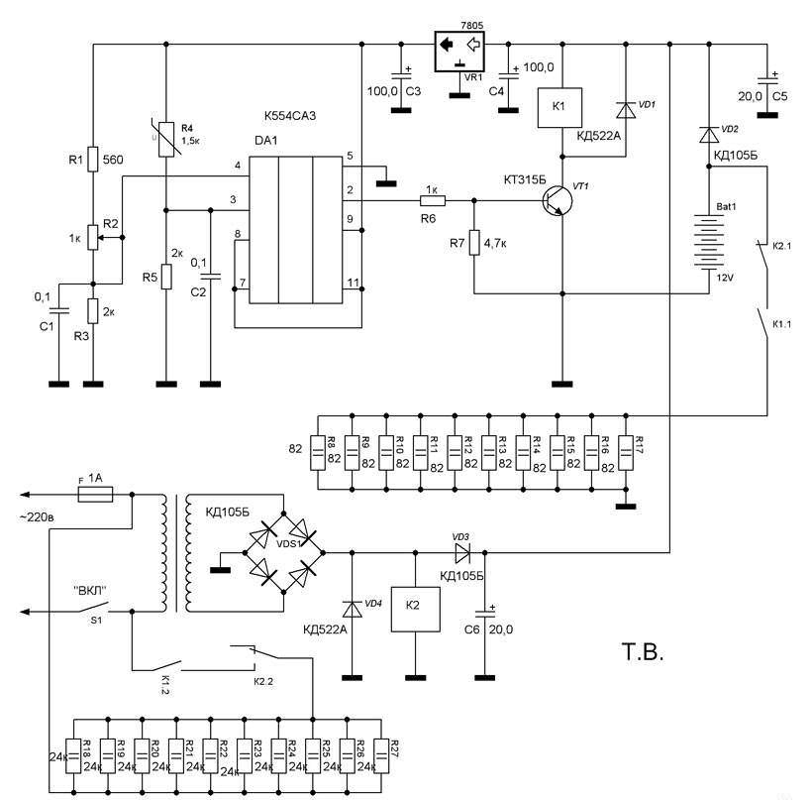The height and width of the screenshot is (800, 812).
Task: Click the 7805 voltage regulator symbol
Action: [457, 45]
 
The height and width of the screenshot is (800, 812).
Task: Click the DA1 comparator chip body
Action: [296, 228]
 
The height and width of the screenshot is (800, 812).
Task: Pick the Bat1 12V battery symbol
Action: [709, 241]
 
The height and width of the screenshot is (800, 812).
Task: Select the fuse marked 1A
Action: [96, 494]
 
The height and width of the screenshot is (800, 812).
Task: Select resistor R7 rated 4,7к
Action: [474, 241]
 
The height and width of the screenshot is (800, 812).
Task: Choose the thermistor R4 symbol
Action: [165, 140]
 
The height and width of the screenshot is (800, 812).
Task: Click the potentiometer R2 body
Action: [92, 237]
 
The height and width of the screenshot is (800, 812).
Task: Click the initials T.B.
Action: [642, 653]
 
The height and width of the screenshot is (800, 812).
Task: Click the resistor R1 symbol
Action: [92, 159]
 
